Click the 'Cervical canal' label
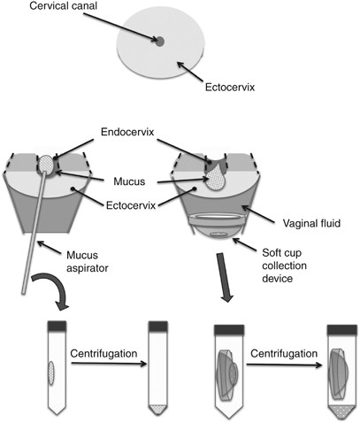click(x=64, y=6)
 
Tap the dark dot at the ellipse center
click(x=159, y=42)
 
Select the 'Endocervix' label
click(x=127, y=132)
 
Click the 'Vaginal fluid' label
click(x=311, y=223)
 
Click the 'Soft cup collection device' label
click(x=284, y=265)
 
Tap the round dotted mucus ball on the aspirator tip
click(x=47, y=164)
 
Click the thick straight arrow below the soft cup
click(x=224, y=277)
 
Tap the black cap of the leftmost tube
click(x=57, y=326)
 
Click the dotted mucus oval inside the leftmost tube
click(x=51, y=373)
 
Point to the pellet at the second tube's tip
click(x=157, y=410)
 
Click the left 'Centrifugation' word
click(x=103, y=353)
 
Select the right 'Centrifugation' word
click(x=284, y=353)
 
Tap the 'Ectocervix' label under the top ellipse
click(x=230, y=88)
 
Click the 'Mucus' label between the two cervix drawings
click(x=129, y=181)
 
